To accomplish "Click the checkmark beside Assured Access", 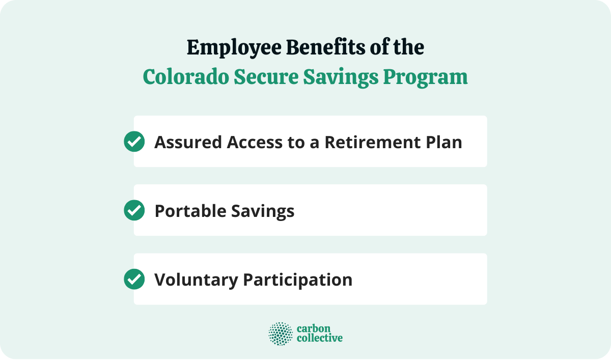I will (134, 142).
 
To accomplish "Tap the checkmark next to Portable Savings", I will (134, 210).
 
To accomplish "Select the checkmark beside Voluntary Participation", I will (134, 279).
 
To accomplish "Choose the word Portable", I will (188, 211).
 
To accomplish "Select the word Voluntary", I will (196, 280).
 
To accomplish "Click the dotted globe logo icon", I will (281, 334).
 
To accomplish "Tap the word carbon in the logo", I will (310, 328).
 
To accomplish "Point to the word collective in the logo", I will (319, 339).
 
